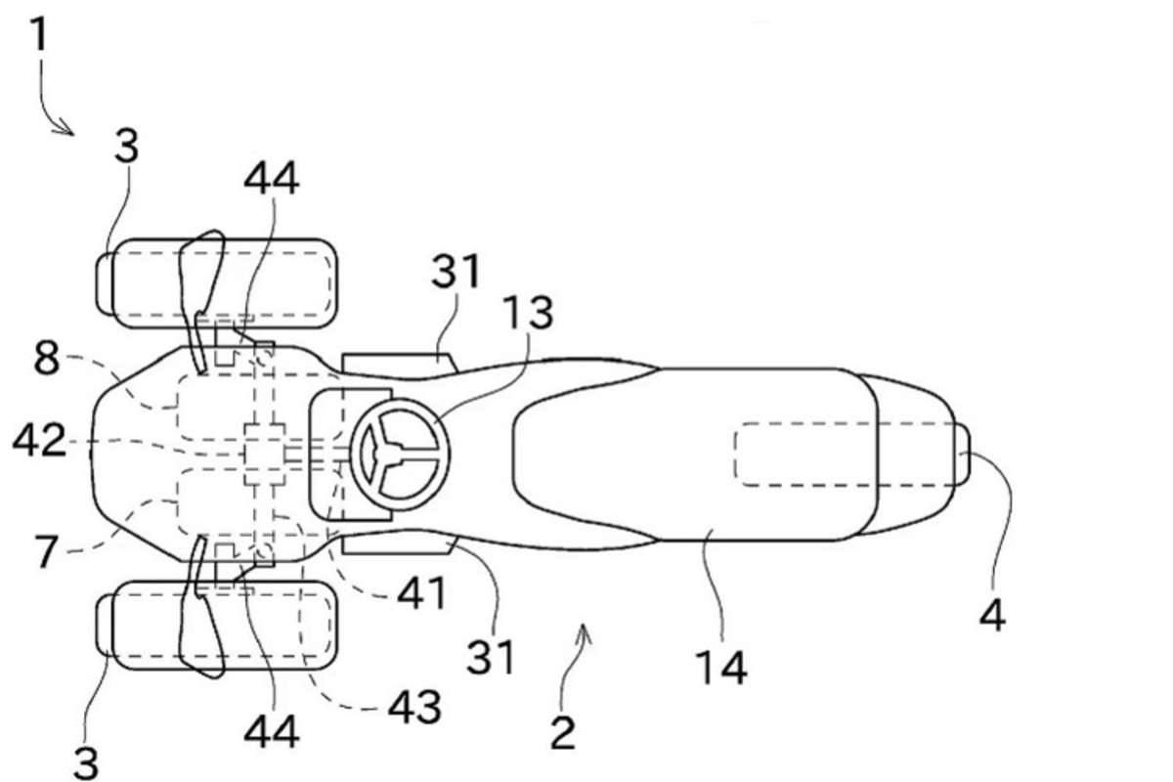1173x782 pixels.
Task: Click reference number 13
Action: (528, 313)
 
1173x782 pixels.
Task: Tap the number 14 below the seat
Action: (721, 668)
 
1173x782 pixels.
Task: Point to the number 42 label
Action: (39, 440)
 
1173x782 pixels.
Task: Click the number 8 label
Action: (47, 359)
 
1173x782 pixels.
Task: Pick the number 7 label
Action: (46, 551)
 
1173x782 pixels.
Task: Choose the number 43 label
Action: (414, 707)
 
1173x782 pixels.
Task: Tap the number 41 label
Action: (421, 593)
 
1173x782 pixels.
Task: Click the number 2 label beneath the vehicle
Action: (563, 733)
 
